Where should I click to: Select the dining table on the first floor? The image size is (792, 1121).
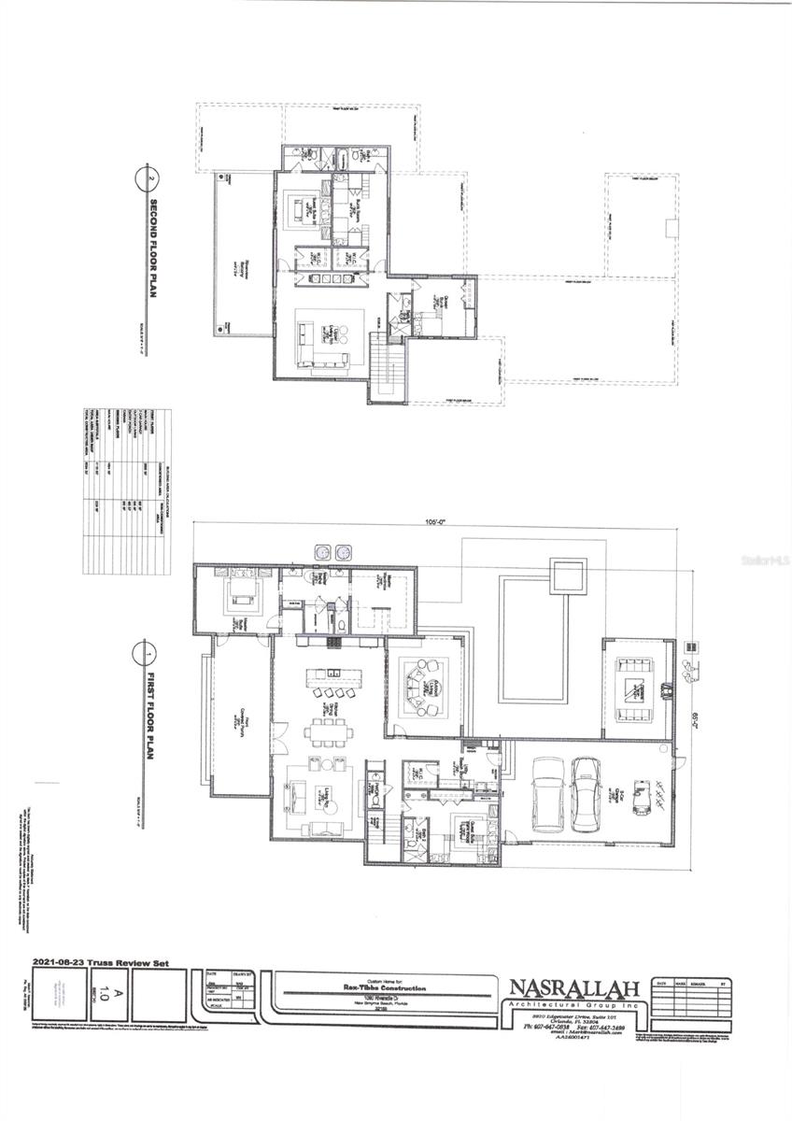tap(328, 730)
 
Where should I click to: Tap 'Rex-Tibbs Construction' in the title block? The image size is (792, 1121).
tap(384, 987)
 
